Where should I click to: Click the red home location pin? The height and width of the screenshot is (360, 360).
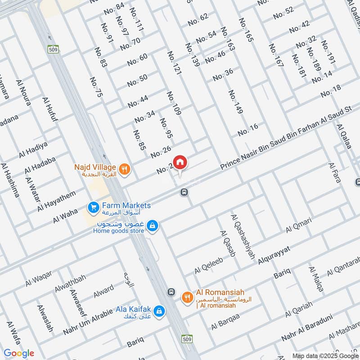point(180,162)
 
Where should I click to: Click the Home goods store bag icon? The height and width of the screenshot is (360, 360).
point(153,225)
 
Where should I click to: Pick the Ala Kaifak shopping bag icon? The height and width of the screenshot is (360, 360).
point(159,310)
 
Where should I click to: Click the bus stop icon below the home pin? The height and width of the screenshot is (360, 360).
point(184,192)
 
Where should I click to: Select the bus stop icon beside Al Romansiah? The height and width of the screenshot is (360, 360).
point(171,292)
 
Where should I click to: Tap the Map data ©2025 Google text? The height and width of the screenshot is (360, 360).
point(325,355)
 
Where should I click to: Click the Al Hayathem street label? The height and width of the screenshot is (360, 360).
point(57,201)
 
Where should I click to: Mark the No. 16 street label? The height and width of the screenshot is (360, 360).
point(248,130)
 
